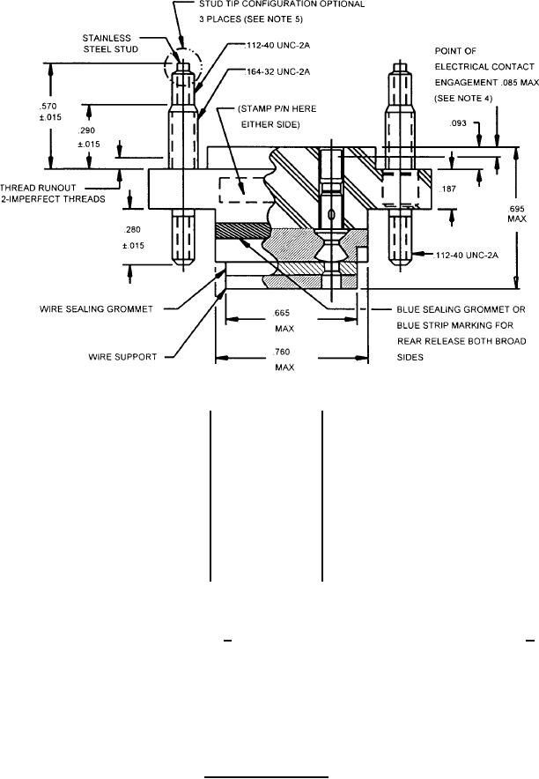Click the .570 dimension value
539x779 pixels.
coord(49,106)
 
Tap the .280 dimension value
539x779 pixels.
coord(132,229)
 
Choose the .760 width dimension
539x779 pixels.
coord(283,352)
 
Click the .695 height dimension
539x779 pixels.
coord(517,209)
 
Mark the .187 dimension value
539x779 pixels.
coord(448,189)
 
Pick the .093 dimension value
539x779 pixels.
coord(458,122)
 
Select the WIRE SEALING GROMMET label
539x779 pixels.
coord(96,309)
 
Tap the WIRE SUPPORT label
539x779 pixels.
coord(122,357)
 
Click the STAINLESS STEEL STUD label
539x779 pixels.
coord(110,44)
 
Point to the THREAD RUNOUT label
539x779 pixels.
coord(38,188)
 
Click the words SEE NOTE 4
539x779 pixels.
coord(464,99)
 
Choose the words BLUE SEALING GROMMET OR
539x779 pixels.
coord(461,309)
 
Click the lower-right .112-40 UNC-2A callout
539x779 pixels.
coord(467,256)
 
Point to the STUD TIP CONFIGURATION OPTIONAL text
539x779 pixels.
coord(282,4)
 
